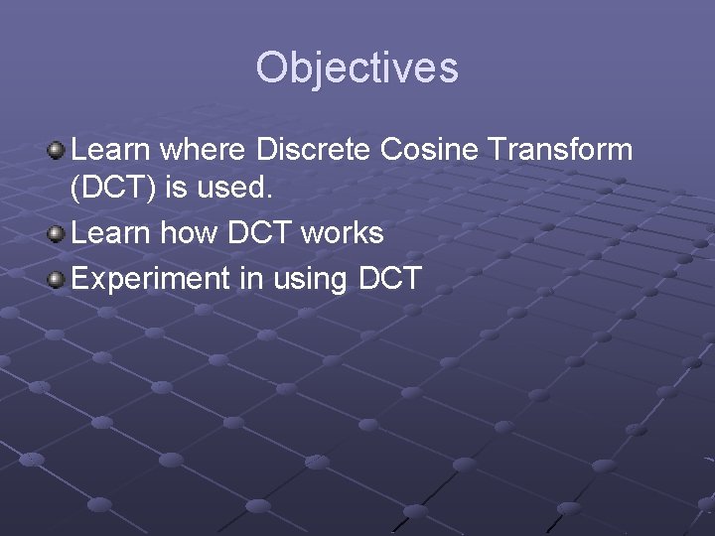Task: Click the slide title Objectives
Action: click(357, 68)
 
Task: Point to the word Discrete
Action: click(314, 150)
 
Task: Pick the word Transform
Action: click(561, 150)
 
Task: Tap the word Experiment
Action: click(151, 279)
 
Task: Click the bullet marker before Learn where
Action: click(58, 151)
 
